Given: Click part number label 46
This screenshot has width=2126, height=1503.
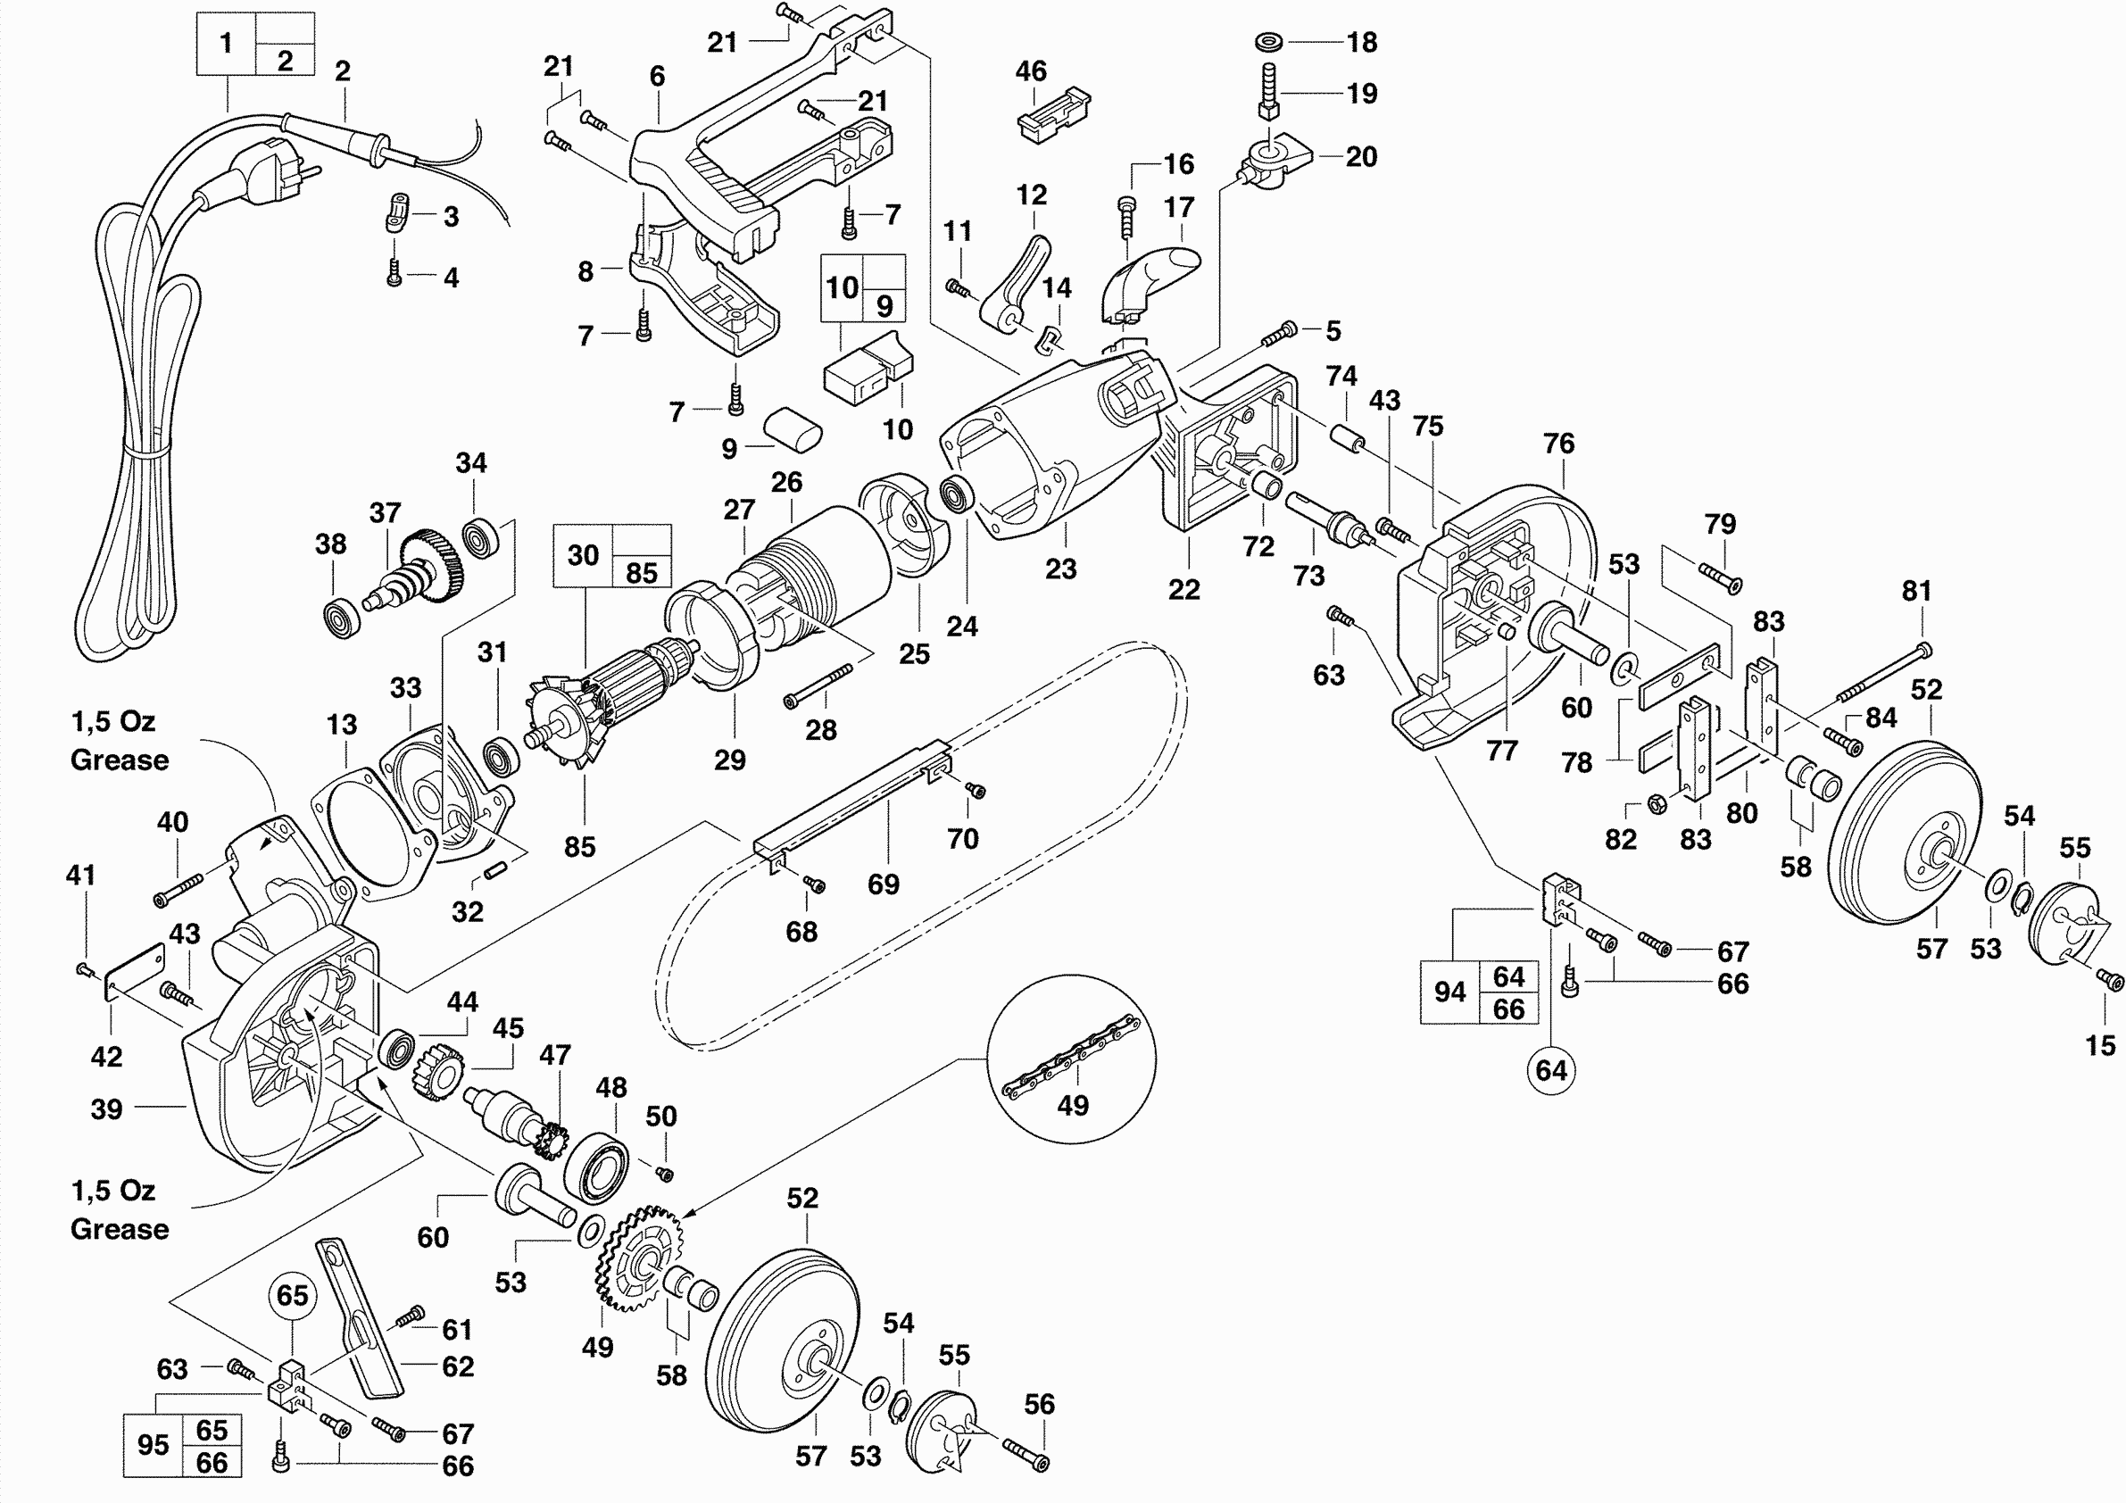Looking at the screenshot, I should tap(1031, 71).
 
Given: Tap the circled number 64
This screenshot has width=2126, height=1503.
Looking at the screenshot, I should tap(1551, 1070).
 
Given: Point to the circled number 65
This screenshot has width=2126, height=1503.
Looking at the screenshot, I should tap(293, 1295).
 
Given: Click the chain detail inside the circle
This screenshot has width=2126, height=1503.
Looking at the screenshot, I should tap(1072, 1057).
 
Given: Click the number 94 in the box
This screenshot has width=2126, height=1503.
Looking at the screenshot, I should tap(1449, 992).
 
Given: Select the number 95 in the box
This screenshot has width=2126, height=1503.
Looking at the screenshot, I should tap(153, 1445).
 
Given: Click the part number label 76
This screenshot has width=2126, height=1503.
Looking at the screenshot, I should tap(1558, 444).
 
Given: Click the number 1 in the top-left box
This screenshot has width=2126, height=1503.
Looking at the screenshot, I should tap(226, 43).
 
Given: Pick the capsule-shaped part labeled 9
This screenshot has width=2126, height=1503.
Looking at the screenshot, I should tap(793, 429).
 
